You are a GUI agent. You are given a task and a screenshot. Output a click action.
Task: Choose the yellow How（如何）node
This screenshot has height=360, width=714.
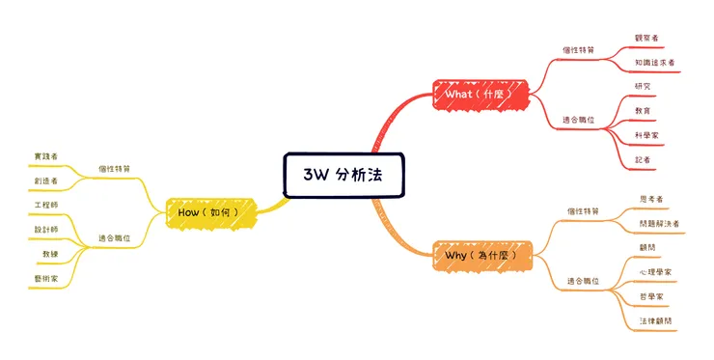(x=214, y=210)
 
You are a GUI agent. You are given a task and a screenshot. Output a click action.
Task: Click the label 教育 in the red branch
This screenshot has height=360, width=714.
(x=643, y=111)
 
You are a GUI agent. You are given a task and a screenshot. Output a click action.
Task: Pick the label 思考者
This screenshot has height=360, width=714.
(x=651, y=199)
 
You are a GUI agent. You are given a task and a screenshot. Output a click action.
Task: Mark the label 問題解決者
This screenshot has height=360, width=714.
(x=659, y=223)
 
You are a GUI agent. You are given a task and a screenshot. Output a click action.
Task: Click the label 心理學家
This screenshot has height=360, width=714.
(x=655, y=272)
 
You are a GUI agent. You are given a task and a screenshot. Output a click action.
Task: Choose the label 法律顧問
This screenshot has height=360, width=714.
(x=655, y=320)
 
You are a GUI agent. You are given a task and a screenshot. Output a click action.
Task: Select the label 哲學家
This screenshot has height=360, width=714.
(x=651, y=296)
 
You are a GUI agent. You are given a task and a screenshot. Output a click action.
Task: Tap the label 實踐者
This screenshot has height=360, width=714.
(x=45, y=155)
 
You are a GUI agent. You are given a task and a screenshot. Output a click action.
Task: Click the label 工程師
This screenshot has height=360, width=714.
(x=45, y=206)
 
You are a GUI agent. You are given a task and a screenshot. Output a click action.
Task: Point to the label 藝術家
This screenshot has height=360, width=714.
(x=45, y=278)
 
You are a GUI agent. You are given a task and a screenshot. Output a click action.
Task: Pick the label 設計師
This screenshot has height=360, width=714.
(x=45, y=230)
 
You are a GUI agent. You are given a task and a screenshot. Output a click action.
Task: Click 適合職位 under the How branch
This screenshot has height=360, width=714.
(x=115, y=237)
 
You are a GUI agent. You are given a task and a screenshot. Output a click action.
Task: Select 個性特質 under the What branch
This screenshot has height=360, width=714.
(x=579, y=48)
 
